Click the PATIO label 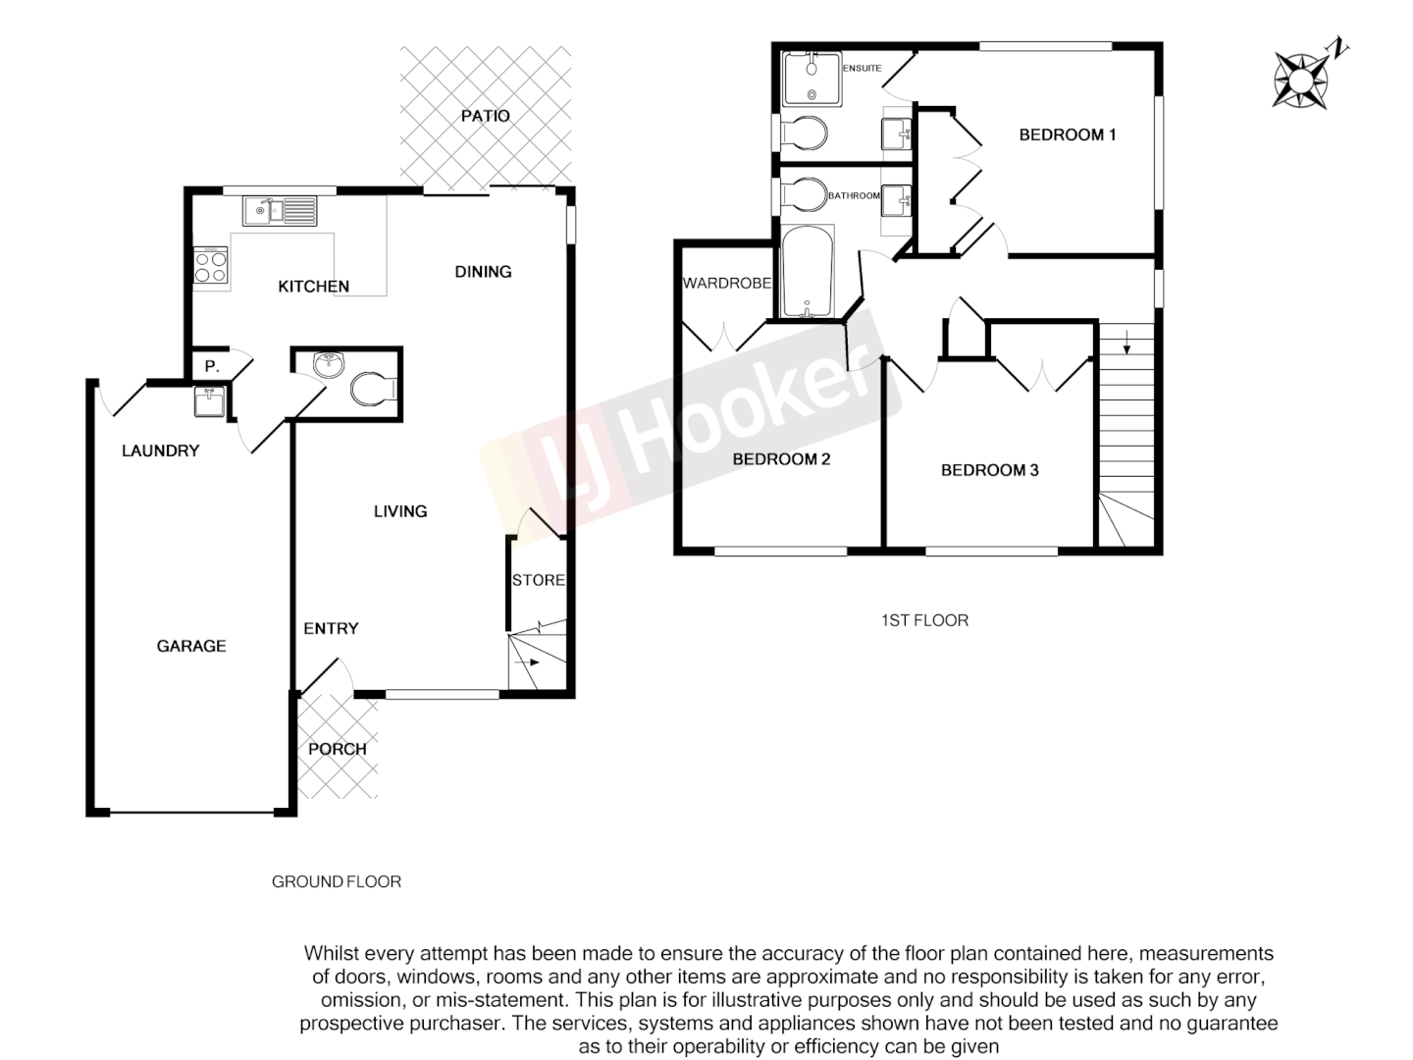(485, 116)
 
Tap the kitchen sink (280, 210)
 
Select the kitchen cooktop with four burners (211, 267)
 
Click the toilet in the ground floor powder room (373, 389)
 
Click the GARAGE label (191, 646)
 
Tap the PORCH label (337, 749)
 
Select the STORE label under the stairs (539, 580)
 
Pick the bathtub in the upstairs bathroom (808, 272)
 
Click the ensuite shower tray (811, 78)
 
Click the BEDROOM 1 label (1067, 134)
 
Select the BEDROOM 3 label (989, 470)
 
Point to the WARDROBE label (726, 284)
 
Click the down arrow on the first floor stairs (1126, 344)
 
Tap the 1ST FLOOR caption (924, 620)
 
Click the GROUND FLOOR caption (337, 881)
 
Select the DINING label (483, 272)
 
